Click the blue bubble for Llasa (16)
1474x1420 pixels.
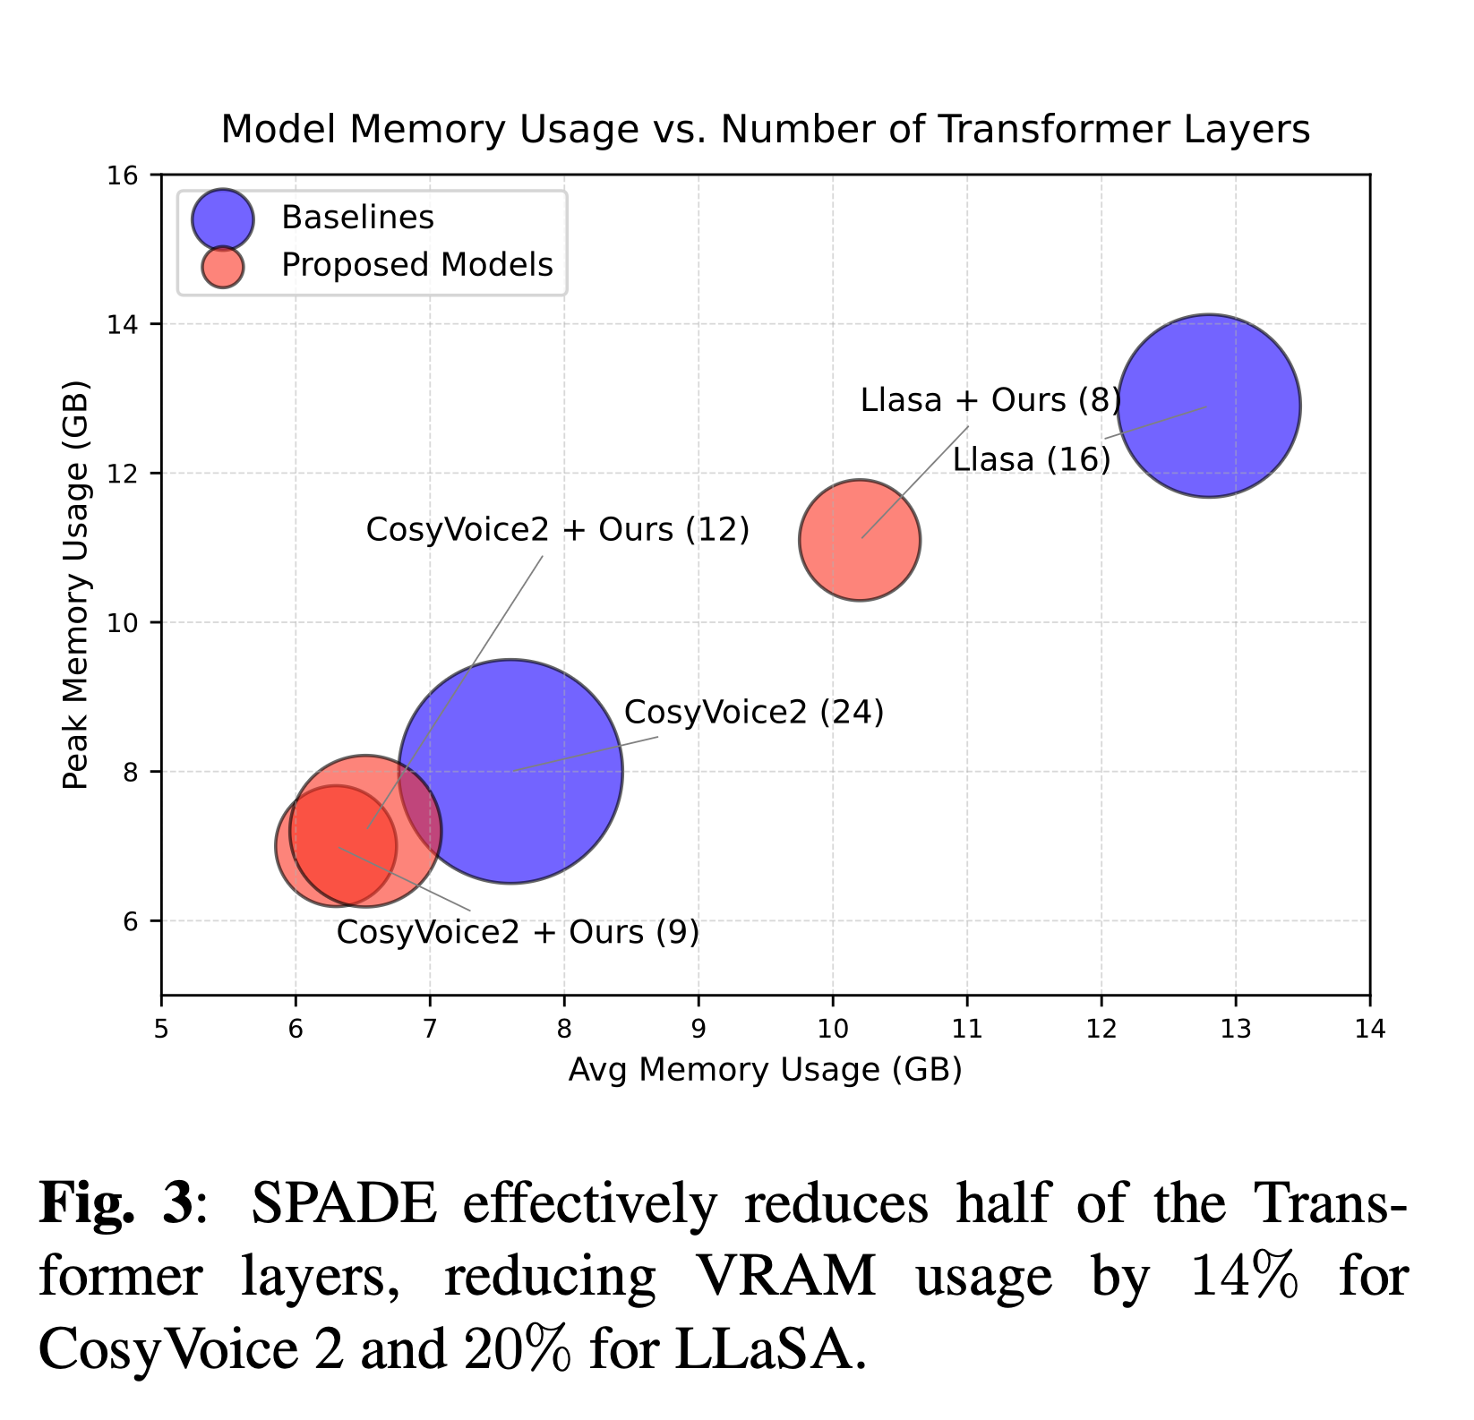[x=1208, y=406]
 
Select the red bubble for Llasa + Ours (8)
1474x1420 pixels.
[x=860, y=540]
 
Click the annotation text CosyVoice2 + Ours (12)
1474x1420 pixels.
[x=557, y=529]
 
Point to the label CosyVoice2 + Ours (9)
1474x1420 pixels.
[x=517, y=932]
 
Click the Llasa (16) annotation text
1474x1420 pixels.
[x=1031, y=459]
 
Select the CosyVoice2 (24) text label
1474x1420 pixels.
[x=753, y=713]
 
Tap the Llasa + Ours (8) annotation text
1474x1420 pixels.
[x=990, y=400]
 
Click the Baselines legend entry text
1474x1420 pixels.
[x=357, y=218]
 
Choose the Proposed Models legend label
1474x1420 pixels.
[x=416, y=265]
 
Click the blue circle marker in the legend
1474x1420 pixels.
[x=223, y=218]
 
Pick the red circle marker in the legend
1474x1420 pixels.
[x=223, y=266]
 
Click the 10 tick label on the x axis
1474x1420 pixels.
[x=832, y=1029]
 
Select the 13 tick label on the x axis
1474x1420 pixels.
[x=1235, y=1029]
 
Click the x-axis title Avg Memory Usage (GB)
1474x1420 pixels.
[x=765, y=1070]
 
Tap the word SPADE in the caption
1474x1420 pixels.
[x=344, y=1203]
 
